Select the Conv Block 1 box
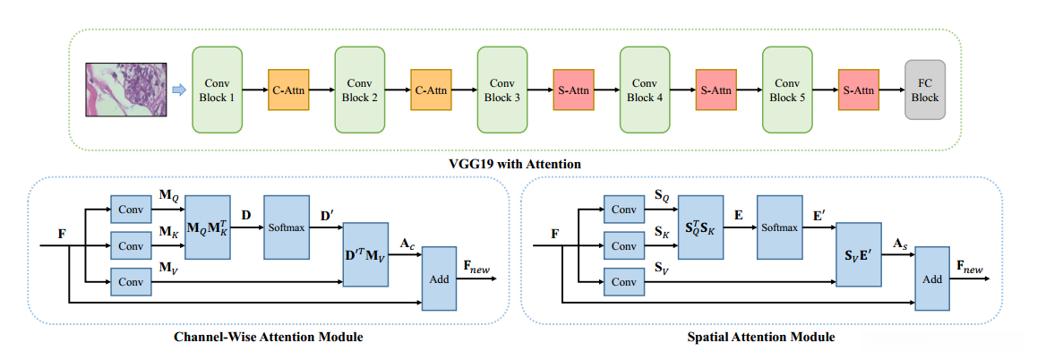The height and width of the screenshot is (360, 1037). [x=218, y=90]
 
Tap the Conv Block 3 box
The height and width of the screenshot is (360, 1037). [x=502, y=90]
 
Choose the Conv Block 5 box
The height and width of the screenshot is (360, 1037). [x=787, y=90]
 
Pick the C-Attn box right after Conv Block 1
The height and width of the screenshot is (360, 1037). [x=288, y=90]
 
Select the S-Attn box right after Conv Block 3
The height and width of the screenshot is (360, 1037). [x=573, y=90]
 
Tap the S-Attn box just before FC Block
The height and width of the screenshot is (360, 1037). [x=858, y=90]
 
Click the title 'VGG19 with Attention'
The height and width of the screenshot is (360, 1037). [x=515, y=164]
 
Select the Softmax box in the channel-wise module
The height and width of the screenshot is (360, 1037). [x=287, y=227]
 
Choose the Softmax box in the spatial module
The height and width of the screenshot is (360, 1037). [x=780, y=227]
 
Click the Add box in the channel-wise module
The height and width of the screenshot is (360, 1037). [x=439, y=279]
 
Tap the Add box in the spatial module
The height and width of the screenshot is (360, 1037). [x=932, y=279]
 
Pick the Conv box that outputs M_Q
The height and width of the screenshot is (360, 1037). [x=131, y=210]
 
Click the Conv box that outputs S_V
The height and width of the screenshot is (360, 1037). [x=624, y=281]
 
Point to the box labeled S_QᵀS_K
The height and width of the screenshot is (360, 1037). [x=699, y=227]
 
